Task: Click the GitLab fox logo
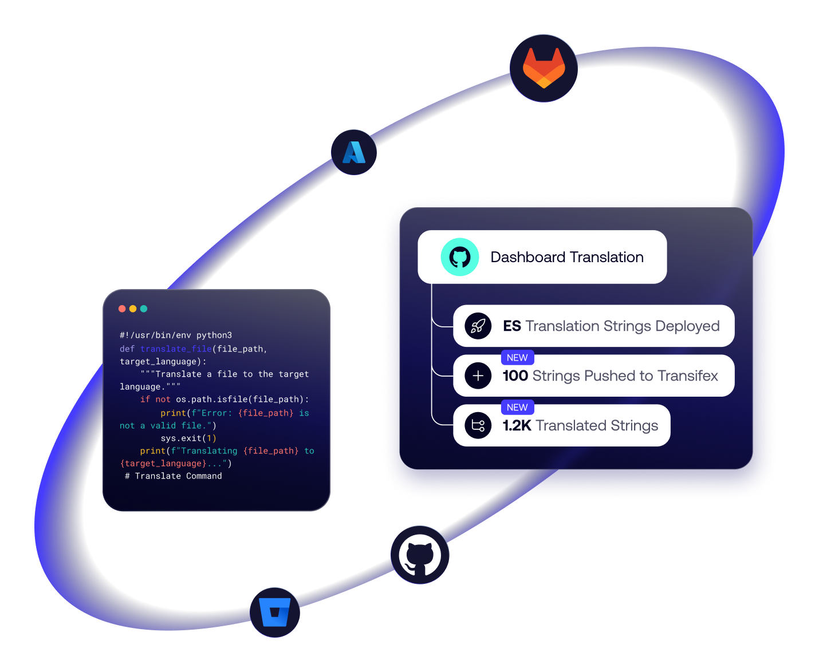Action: (x=544, y=68)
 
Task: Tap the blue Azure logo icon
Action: (x=354, y=152)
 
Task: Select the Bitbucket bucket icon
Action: (x=275, y=612)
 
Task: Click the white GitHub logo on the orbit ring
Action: (x=420, y=555)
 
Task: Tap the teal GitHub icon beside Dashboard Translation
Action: (x=459, y=257)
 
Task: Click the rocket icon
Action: (x=478, y=326)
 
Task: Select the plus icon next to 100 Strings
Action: (x=478, y=376)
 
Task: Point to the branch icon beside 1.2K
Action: (x=478, y=426)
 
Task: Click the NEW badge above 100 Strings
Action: (x=517, y=358)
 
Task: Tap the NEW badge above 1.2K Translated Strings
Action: (x=517, y=408)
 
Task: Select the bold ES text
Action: (x=512, y=326)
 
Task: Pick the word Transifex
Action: (x=688, y=376)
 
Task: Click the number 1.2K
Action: (x=517, y=426)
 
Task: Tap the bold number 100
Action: (x=515, y=376)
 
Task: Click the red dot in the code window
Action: (x=122, y=309)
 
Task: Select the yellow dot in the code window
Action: (x=133, y=309)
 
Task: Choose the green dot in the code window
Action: (x=144, y=309)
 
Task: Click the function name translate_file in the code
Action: (x=176, y=349)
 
